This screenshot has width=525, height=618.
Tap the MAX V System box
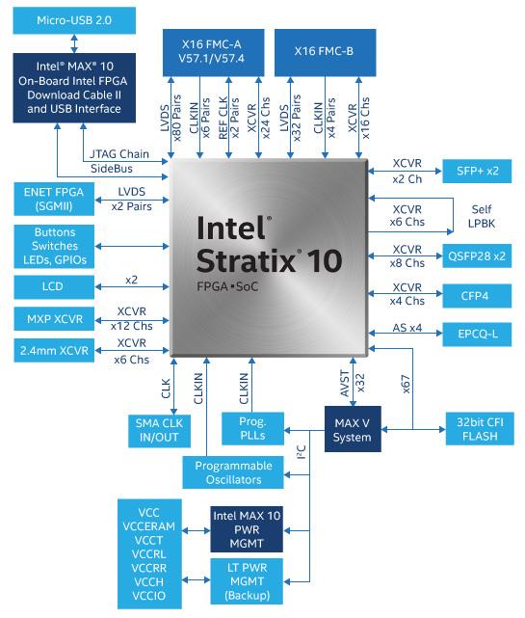(352, 430)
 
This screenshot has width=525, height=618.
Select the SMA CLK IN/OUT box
(159, 430)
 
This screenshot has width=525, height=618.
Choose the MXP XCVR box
(53, 318)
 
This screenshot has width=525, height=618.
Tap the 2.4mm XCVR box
(53, 350)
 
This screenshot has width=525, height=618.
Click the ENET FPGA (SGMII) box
(53, 199)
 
